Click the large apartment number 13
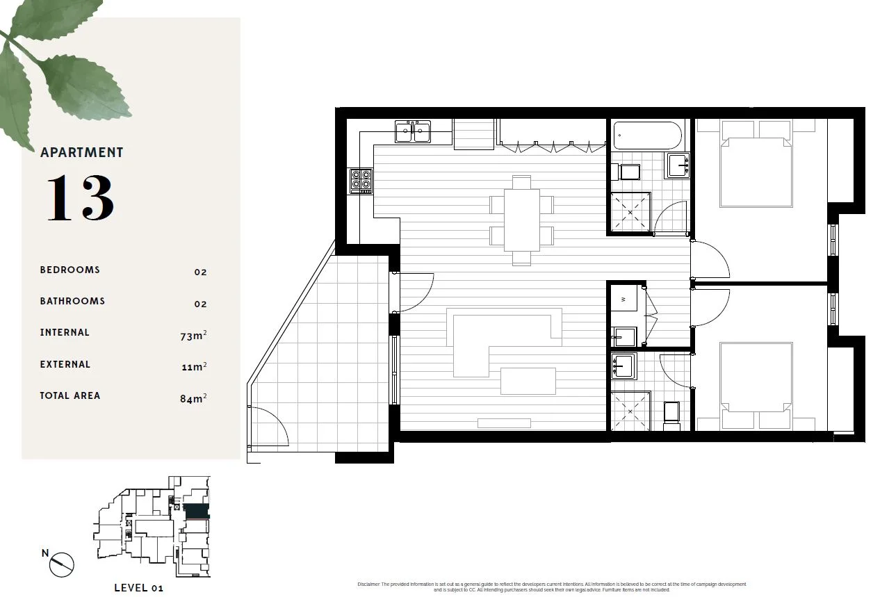pyautogui.click(x=80, y=199)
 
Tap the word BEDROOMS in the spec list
pyautogui.click(x=70, y=270)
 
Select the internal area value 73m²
pyautogui.click(x=193, y=336)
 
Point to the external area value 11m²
pyautogui.click(x=194, y=367)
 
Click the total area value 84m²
pyautogui.click(x=193, y=399)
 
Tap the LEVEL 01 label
pyautogui.click(x=138, y=588)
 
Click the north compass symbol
pyautogui.click(x=61, y=564)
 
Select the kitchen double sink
pyautogui.click(x=413, y=132)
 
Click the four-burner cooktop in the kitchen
pyautogui.click(x=361, y=181)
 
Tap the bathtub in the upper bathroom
pyautogui.click(x=647, y=136)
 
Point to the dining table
pyautogui.click(x=521, y=220)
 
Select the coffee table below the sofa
pyautogui.click(x=528, y=381)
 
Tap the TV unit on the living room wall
pyautogui.click(x=504, y=423)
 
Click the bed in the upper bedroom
pyautogui.click(x=756, y=167)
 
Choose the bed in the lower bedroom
pyautogui.click(x=756, y=381)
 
